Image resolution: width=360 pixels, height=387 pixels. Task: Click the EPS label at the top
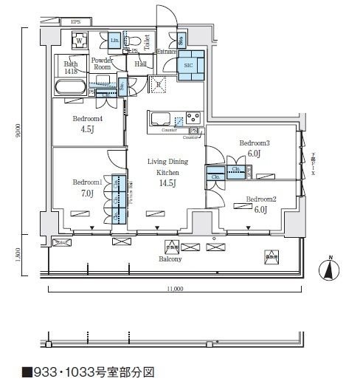(76, 22)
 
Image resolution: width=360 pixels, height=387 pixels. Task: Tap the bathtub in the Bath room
(69, 87)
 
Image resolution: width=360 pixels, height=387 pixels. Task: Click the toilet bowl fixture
(135, 41)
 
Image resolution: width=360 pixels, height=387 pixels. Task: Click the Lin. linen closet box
(115, 39)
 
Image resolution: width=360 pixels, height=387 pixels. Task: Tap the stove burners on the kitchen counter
(193, 118)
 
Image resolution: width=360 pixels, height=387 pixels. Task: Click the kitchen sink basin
(160, 119)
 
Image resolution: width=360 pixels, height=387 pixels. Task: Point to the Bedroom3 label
(255, 143)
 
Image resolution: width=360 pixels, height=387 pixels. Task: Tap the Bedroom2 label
(260, 199)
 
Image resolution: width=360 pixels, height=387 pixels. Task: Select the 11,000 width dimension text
(174, 290)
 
